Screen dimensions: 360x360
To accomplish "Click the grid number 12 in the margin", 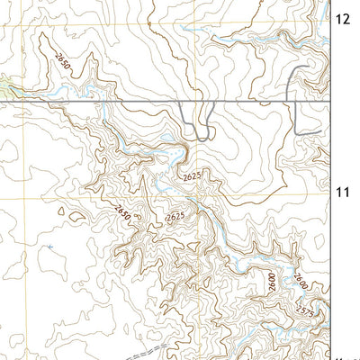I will click(343, 17).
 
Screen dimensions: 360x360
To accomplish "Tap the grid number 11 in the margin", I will click(343, 191).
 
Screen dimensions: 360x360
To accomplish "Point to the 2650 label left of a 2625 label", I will click(122, 212).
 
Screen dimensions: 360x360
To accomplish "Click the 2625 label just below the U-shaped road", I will click(191, 177).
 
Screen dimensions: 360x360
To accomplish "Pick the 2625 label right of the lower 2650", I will click(175, 217).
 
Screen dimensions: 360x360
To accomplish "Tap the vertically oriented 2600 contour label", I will click(270, 282).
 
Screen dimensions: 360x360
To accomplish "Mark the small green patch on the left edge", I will click(5, 87).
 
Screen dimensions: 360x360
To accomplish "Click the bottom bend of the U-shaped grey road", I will click(200, 137).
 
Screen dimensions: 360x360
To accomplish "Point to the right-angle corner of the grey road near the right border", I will click(296, 132).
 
